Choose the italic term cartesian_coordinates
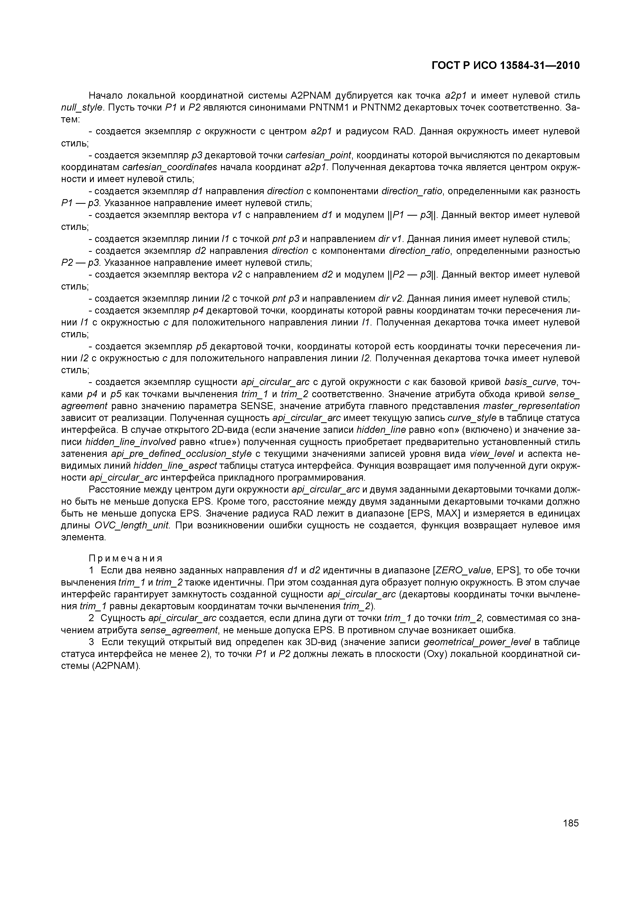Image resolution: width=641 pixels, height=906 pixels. point(170,167)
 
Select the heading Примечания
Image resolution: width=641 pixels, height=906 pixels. point(126,558)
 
